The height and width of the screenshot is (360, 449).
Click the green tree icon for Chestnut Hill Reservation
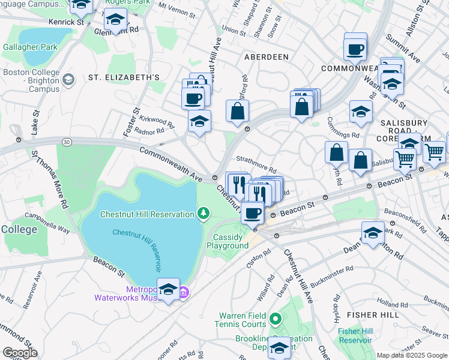(x=204, y=214)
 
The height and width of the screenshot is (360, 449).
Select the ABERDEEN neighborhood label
(x=266, y=56)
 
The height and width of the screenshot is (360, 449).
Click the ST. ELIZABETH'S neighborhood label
(x=124, y=77)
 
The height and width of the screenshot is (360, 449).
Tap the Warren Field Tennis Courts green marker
(x=276, y=319)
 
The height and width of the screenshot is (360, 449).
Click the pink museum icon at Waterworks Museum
(x=184, y=293)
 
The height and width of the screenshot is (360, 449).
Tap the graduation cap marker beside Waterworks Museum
(x=168, y=290)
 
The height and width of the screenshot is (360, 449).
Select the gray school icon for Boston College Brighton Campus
(x=68, y=79)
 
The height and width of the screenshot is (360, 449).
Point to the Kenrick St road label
(x=66, y=22)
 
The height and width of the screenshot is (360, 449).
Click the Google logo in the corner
(x=20, y=353)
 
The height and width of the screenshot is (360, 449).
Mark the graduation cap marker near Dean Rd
(x=373, y=233)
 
